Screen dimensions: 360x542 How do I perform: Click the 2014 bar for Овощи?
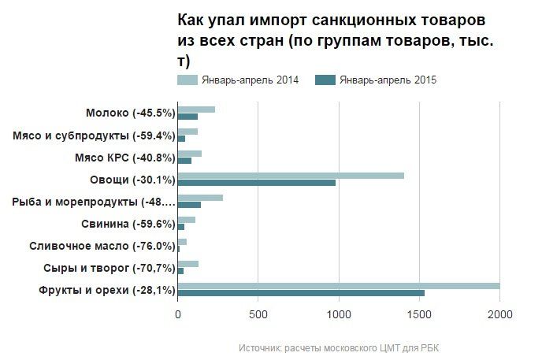291,176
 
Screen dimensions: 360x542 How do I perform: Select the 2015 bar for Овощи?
257,183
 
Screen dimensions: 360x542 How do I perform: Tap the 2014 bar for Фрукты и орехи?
339,286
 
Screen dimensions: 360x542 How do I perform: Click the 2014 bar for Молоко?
196,109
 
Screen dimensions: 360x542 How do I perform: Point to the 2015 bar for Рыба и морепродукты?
189,205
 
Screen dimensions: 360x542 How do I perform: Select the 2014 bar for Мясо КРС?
190,154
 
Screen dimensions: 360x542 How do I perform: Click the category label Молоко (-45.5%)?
130,113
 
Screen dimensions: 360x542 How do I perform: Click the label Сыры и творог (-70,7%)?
109,268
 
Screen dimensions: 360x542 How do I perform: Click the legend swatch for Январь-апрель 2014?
187,80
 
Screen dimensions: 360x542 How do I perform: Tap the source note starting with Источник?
343,347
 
